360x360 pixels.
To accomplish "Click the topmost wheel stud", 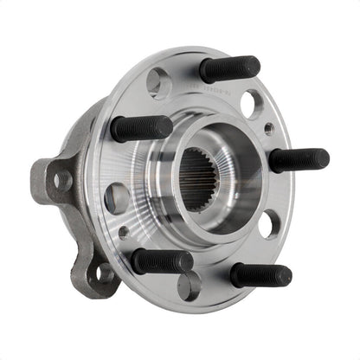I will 229,67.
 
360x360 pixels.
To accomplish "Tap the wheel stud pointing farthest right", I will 299,160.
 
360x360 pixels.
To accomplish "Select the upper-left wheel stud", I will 141,128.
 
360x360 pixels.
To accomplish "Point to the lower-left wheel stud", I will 162,260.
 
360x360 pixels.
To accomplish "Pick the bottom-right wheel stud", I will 260,274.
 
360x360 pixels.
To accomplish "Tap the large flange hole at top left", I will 158,83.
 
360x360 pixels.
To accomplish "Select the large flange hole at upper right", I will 252,105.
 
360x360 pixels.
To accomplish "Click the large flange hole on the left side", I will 117,197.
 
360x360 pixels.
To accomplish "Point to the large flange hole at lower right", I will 269,223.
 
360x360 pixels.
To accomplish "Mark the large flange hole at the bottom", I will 190,285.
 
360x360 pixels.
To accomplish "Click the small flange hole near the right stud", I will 269,129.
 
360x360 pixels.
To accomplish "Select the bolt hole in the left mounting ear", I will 61,179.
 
